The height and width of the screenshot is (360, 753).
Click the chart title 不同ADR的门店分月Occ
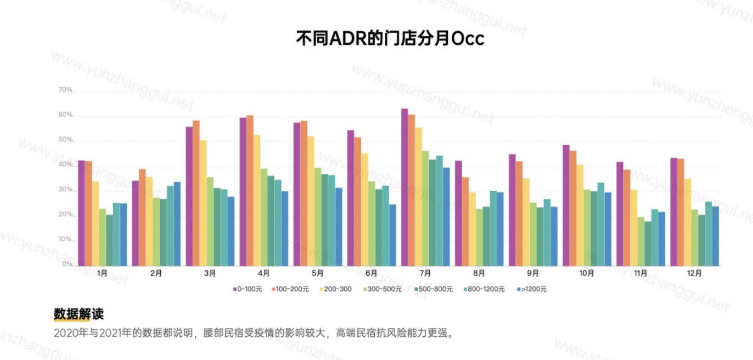[390, 38]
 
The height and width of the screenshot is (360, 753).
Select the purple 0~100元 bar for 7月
[405, 187]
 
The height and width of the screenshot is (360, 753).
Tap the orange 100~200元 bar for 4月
[250, 190]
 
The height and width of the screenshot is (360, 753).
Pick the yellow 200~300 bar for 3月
[203, 203]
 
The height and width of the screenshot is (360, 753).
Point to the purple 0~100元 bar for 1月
[82, 213]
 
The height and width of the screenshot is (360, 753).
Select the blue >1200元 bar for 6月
[392, 235]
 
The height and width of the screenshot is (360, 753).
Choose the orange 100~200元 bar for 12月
[681, 212]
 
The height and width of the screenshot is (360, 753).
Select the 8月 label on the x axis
[479, 273]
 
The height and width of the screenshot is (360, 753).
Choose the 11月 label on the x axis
[641, 273]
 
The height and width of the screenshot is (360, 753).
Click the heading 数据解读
[79, 314]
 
